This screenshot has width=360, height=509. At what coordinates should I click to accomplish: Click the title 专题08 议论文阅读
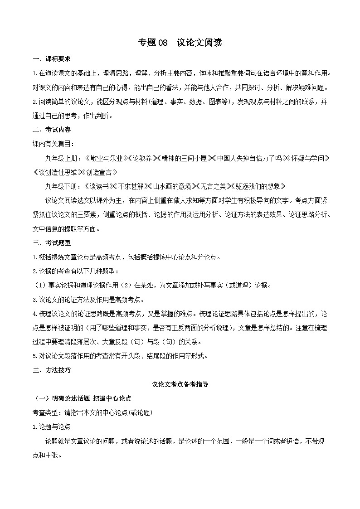click(x=180, y=43)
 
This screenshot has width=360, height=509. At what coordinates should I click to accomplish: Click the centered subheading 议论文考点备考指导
click(x=180, y=384)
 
